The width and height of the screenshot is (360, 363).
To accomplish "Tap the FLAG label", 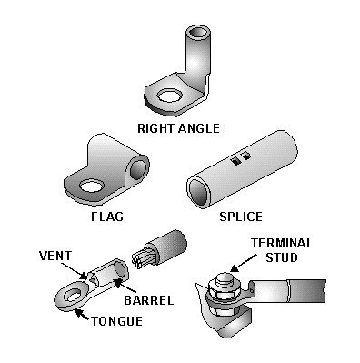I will click(x=107, y=217).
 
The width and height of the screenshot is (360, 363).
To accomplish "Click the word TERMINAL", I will click(x=283, y=243).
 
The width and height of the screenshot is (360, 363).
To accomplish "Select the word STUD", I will click(x=283, y=257).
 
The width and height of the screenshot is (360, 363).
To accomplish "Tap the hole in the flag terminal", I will click(x=91, y=188).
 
